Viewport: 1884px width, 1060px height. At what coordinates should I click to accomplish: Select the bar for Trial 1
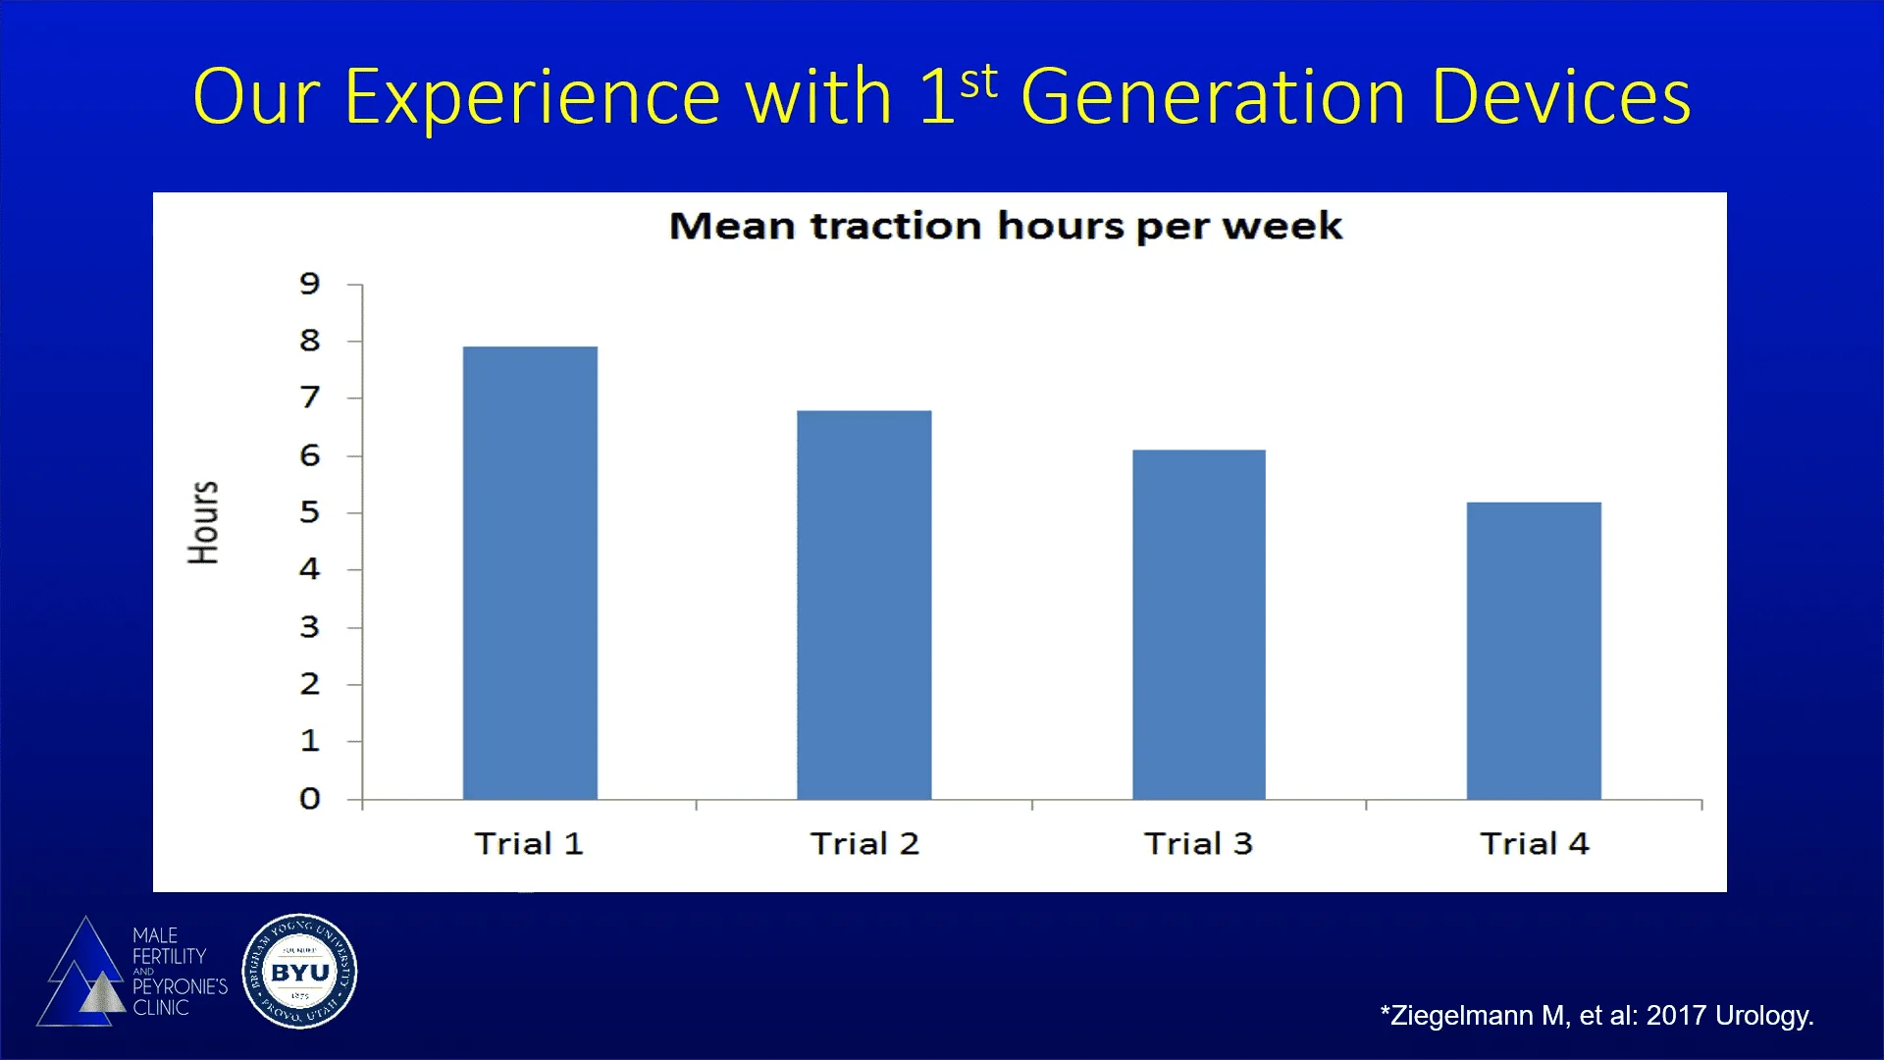530,574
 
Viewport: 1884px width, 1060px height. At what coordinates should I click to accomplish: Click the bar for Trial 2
863,606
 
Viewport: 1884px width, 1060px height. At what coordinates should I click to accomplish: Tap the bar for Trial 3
1198,625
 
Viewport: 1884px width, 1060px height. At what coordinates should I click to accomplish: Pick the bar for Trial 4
1534,651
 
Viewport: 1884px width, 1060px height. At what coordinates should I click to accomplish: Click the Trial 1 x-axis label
529,844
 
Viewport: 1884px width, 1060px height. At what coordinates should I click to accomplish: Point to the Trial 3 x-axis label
1198,844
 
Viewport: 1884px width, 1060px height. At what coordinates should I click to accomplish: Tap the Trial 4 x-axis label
1534,844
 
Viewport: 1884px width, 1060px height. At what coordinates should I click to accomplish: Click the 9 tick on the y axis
310,284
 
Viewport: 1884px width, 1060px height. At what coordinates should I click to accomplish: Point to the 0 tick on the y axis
310,799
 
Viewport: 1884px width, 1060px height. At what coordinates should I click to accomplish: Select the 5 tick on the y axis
310,512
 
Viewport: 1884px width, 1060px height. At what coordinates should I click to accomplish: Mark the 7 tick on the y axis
310,397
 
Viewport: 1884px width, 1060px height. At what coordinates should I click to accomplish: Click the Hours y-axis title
203,522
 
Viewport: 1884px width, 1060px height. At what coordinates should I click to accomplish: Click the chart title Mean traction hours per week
1005,227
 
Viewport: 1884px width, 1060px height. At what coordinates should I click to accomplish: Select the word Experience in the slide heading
533,98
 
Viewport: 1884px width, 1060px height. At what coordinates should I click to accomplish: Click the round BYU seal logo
299,972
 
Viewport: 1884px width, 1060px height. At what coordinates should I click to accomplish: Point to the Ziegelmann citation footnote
1596,1016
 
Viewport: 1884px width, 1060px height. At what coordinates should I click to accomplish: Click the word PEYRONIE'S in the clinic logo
180,986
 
